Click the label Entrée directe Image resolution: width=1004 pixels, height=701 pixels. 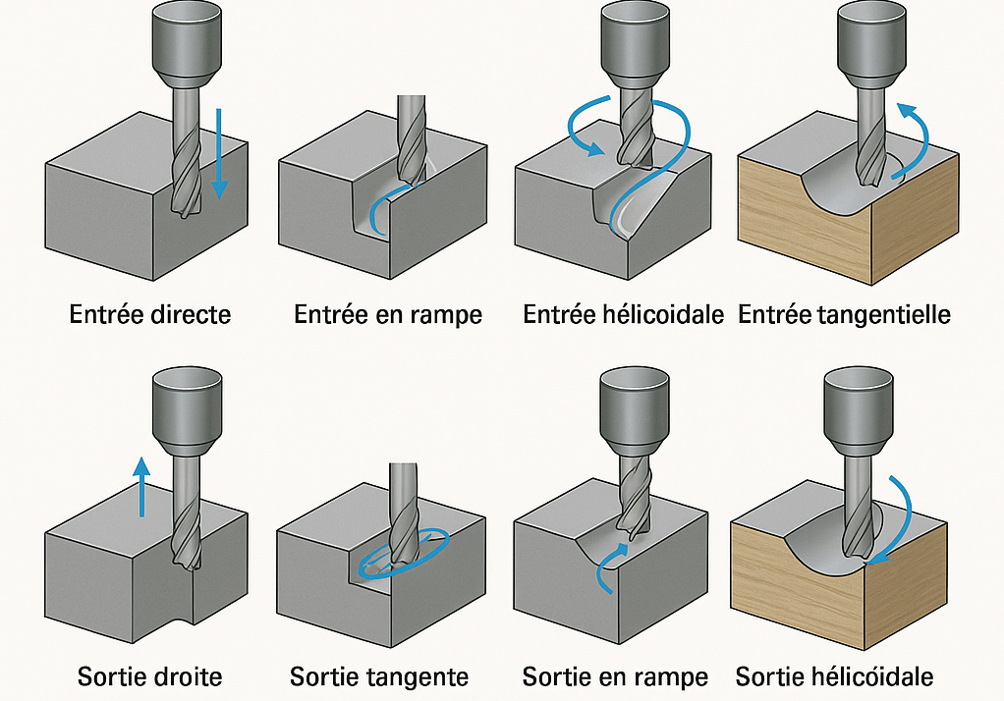150,315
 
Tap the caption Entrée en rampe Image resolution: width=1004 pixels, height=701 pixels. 388,315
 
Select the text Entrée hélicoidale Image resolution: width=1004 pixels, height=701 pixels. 623,315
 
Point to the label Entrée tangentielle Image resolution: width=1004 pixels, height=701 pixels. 844,315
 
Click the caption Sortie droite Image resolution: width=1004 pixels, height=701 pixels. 150,676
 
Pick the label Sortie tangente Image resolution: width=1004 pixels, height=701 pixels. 379,676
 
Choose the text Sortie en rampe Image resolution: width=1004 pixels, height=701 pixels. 615,676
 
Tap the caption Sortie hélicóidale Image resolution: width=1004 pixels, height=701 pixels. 834,676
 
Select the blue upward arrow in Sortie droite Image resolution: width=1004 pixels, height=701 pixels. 141,486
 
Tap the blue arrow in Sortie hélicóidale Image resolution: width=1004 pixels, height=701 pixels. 902,520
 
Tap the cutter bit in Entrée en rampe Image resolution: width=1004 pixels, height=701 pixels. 411,137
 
